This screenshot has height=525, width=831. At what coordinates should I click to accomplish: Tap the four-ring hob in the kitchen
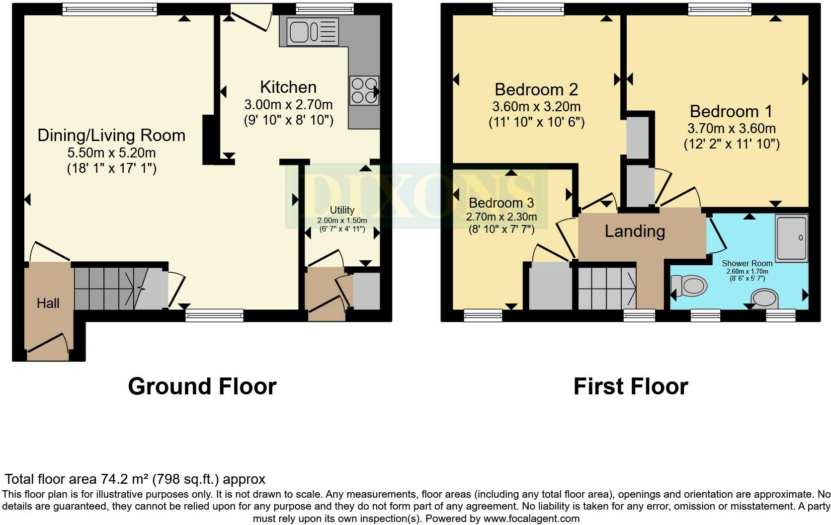pyautogui.click(x=364, y=90)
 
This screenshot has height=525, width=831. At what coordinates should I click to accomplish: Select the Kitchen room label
pyautogui.click(x=288, y=87)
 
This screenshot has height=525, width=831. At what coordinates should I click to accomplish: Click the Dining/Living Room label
pyautogui.click(x=111, y=135)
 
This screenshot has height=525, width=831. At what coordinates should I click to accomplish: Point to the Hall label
pyautogui.click(x=48, y=303)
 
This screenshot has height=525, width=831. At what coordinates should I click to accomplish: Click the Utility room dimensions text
pyautogui.click(x=342, y=225)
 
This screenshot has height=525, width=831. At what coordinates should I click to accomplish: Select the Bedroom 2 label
pyautogui.click(x=536, y=89)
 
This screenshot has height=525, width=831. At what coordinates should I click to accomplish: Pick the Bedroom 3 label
pyautogui.click(x=501, y=203)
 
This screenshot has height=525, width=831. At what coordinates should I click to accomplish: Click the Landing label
pyautogui.click(x=635, y=231)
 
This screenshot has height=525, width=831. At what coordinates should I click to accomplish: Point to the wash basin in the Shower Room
pyautogui.click(x=764, y=299)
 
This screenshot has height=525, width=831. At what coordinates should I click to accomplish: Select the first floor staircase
pyautogui.click(x=607, y=289)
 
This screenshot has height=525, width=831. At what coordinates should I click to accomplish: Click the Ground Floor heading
pyautogui.click(x=202, y=386)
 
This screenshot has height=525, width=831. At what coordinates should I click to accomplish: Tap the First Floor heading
pyautogui.click(x=630, y=386)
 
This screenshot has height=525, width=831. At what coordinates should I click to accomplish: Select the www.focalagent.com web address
pyautogui.click(x=531, y=519)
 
